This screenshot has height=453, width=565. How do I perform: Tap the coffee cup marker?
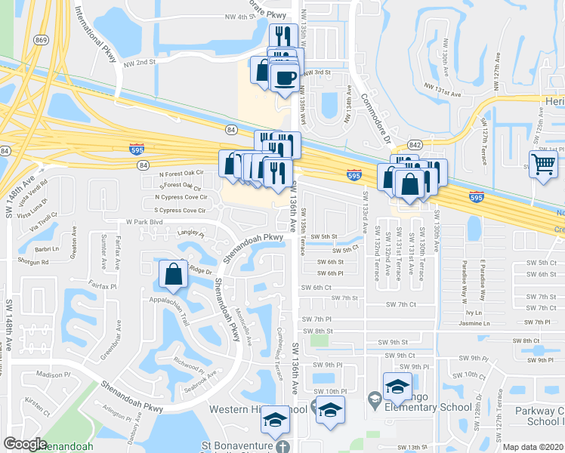coord(284,78)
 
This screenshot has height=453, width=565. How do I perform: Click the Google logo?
coord(25,444)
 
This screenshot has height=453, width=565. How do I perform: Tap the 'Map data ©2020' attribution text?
coord(533,447)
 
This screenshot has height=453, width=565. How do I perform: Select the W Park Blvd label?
coord(144,222)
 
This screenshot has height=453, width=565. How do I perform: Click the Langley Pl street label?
coord(190,234)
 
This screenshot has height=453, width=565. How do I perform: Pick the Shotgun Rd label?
coord(34,262)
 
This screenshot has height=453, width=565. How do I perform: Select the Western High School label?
coord(246,409)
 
